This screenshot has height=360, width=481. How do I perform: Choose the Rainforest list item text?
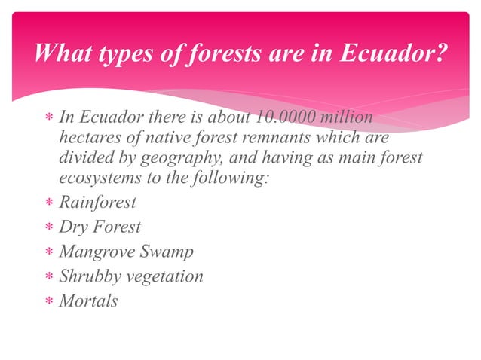point(97,203)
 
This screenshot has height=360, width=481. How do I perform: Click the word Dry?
point(72,227)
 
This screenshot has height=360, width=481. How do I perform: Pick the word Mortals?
point(88,301)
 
